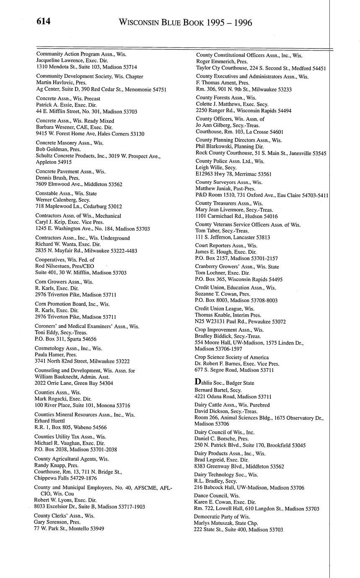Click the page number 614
pos(43,21)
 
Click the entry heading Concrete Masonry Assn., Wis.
pos(70,143)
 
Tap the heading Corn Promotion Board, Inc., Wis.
pos(73,304)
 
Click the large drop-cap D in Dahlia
pos(197,382)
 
